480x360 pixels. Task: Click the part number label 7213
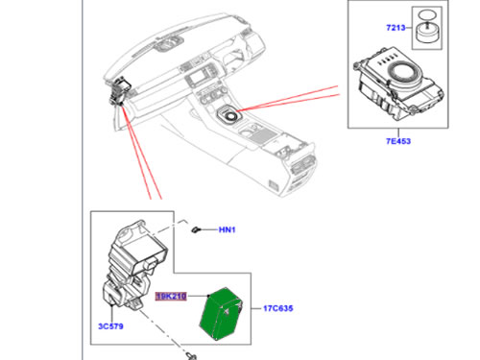(396, 28)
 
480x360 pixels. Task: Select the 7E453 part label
(398, 141)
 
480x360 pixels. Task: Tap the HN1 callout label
(227, 229)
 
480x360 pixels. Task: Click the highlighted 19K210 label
(171, 297)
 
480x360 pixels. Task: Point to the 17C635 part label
(278, 308)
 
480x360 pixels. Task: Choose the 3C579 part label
(110, 326)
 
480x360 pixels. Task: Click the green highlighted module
(221, 314)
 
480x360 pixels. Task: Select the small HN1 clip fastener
(195, 229)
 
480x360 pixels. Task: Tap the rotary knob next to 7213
(426, 33)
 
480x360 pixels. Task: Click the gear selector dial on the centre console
(228, 115)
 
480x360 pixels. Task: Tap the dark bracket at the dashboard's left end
(119, 91)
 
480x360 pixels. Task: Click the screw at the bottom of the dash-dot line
(191, 356)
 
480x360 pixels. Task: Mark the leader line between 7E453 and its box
(398, 132)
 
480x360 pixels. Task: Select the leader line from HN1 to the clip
(208, 229)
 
